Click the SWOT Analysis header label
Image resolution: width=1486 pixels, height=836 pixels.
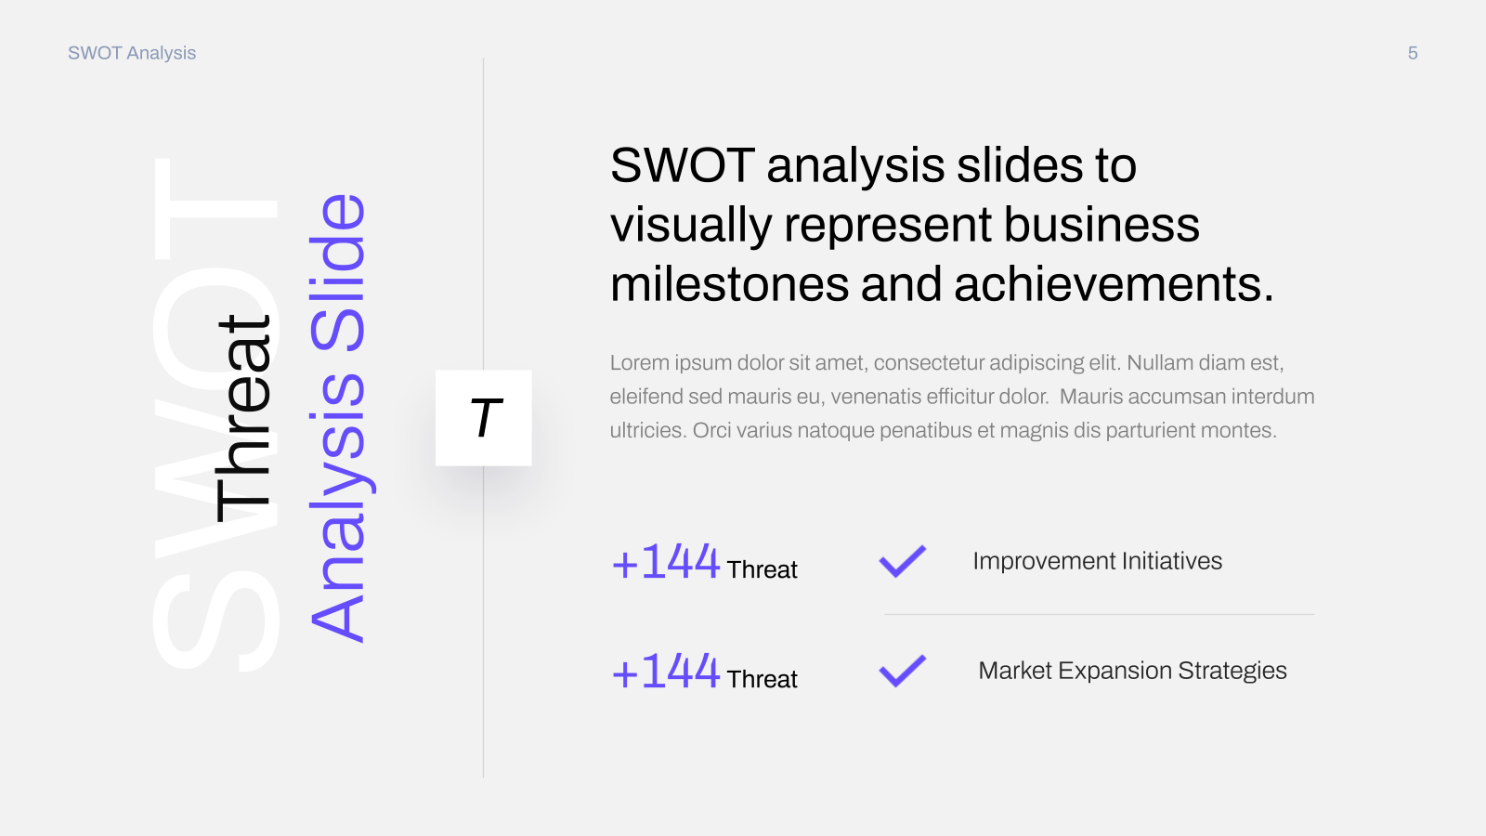coord(132,53)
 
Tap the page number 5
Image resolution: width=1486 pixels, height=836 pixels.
coord(1413,53)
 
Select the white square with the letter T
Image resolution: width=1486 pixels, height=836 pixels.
coord(484,418)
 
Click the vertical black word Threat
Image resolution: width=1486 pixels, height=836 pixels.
coord(242,418)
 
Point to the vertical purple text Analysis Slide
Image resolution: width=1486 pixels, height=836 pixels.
coord(337,418)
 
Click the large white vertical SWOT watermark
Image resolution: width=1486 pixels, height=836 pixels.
coord(215,414)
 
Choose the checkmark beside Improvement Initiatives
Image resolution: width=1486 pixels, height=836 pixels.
coord(902,561)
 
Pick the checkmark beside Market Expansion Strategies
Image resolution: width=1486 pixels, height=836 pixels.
coord(902,671)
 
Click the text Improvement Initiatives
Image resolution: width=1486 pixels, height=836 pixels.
coord(1097,561)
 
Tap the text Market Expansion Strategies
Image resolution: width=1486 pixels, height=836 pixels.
coord(1132,671)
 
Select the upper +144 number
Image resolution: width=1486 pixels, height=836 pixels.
coord(665,562)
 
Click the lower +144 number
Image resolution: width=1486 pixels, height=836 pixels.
coord(665,672)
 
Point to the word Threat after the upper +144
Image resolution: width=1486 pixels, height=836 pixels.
coord(762,570)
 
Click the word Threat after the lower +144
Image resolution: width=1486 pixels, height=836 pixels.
coord(762,679)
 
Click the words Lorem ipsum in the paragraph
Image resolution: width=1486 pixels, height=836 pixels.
coord(671,363)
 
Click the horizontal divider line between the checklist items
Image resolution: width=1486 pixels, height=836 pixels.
coord(1100,615)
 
